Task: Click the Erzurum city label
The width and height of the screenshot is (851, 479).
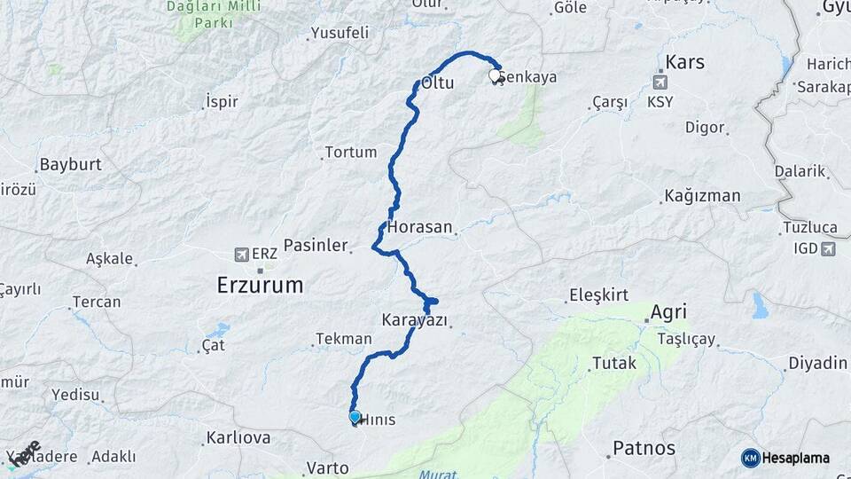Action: pyautogui.click(x=261, y=286)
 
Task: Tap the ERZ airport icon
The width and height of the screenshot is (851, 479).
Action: pyautogui.click(x=241, y=255)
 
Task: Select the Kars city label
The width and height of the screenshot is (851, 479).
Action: pyautogui.click(x=684, y=63)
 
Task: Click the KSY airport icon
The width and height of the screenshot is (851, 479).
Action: pyautogui.click(x=660, y=82)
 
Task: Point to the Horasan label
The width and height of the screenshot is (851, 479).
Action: pyautogui.click(x=419, y=227)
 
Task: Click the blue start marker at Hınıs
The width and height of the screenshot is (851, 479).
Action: pyautogui.click(x=355, y=416)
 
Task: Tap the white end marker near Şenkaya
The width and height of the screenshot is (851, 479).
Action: pyautogui.click(x=496, y=76)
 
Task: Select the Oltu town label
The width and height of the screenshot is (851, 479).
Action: pyautogui.click(x=438, y=83)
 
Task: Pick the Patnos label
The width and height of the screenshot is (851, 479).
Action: pyautogui.click(x=644, y=448)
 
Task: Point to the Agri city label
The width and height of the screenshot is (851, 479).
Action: pyautogui.click(x=668, y=312)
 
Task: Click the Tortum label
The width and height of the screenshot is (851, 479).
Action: pyautogui.click(x=351, y=153)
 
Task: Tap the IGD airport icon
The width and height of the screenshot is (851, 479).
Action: pyautogui.click(x=828, y=248)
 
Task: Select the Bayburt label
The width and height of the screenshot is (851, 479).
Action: pyautogui.click(x=71, y=165)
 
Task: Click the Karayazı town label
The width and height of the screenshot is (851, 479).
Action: pyautogui.click(x=415, y=319)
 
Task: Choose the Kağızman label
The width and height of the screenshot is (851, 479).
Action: pyautogui.click(x=701, y=196)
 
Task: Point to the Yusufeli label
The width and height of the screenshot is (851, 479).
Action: pyautogui.click(x=339, y=35)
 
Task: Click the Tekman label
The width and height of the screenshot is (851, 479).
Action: pyautogui.click(x=343, y=339)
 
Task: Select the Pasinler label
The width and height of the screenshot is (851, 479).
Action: pyautogui.click(x=315, y=246)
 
